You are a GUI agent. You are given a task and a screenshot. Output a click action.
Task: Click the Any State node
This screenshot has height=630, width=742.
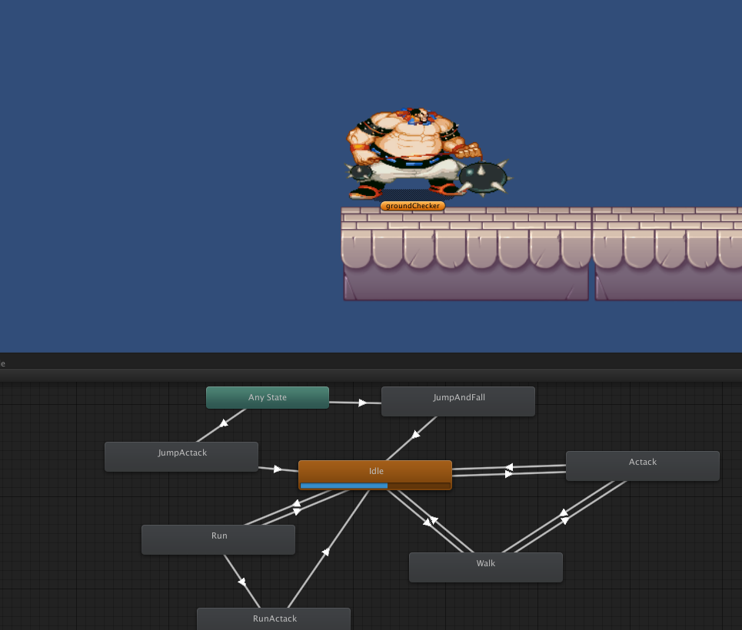tap(267, 397)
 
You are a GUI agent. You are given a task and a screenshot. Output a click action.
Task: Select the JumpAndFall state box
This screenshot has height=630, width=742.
tap(458, 401)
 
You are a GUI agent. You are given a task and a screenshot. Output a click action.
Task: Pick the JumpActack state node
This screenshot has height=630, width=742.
tap(181, 456)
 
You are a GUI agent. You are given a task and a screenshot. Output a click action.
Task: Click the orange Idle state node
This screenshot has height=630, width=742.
tap(375, 471)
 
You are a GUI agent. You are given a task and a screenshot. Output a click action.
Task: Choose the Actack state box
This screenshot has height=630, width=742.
tap(642, 466)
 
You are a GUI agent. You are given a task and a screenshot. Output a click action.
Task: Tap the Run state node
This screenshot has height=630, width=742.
tap(218, 539)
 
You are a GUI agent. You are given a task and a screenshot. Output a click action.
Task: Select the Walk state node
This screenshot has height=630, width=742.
tap(485, 567)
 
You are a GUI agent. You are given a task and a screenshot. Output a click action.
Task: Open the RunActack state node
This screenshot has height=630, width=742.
tap(274, 618)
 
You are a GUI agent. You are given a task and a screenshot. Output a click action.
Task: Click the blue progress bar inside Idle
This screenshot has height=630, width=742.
tap(344, 486)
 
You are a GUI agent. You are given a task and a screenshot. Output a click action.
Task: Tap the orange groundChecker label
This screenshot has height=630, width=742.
tap(412, 206)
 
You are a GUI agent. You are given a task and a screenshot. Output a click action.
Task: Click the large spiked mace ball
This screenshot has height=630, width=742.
tap(484, 177)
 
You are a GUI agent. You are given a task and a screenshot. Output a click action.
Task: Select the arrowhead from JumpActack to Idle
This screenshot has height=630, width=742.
tap(278, 468)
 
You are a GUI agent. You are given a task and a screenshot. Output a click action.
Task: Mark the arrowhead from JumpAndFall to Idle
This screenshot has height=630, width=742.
tap(415, 434)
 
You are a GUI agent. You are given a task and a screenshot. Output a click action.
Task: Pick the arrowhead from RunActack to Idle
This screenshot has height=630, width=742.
tap(326, 551)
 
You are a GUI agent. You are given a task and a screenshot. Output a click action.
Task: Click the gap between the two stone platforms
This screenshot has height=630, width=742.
tap(591, 254)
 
